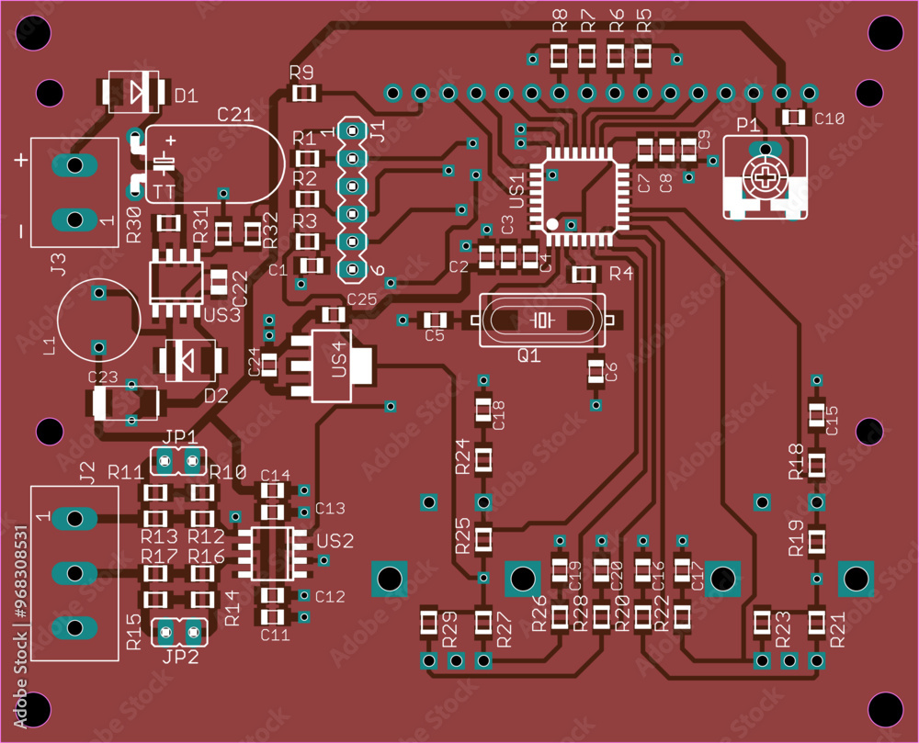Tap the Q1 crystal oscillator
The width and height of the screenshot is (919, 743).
coord(542,321)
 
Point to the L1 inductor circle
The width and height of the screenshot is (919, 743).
coord(98,320)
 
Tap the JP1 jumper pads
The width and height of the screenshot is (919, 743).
coord(178,459)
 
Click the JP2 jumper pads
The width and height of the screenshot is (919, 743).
coord(178,631)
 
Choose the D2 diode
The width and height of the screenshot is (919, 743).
coord(189,361)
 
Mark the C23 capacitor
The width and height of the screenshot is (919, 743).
coord(125,401)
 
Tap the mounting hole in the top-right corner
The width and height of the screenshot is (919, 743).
coord(886,34)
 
